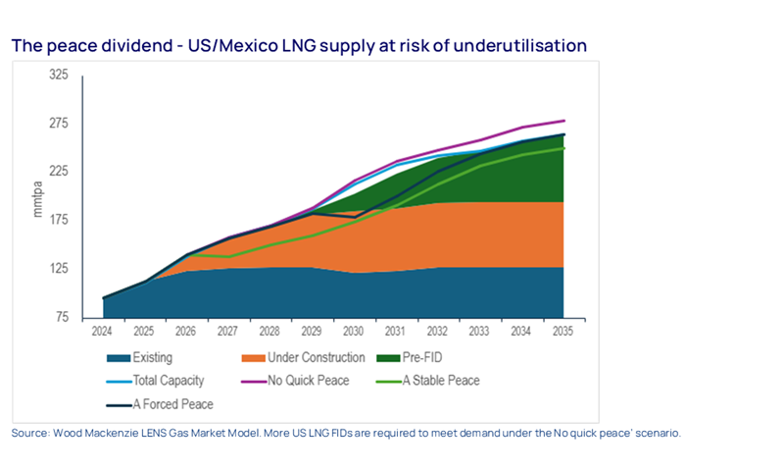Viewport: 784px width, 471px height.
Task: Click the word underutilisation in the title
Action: pos(523,45)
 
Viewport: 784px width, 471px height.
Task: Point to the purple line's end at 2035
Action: pos(563,121)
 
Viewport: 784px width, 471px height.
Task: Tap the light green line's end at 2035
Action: pos(563,148)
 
